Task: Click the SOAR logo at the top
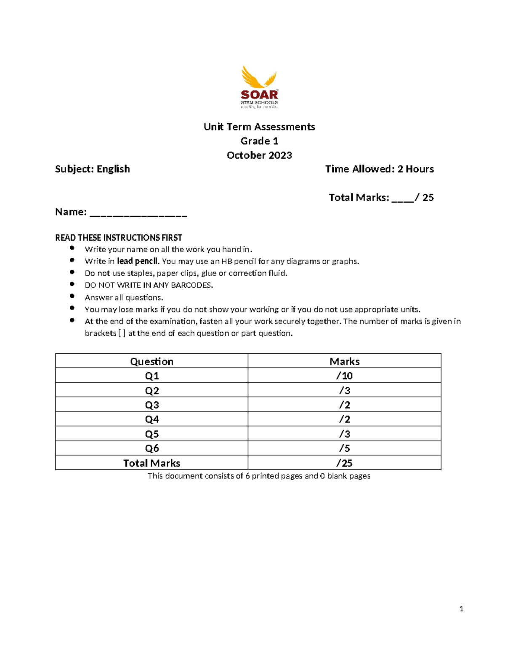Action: [259, 87]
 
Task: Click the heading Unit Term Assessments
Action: [259, 127]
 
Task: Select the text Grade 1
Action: [259, 141]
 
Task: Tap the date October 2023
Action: [259, 155]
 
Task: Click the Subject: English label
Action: [93, 169]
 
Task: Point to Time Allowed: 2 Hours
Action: [379, 169]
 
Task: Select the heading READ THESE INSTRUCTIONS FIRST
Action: [118, 238]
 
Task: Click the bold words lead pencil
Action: [138, 261]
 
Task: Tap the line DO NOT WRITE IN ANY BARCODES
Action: [149, 285]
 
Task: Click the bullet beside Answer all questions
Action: [72, 296]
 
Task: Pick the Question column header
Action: [151, 361]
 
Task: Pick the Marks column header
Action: [344, 361]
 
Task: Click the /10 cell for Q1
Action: [344, 376]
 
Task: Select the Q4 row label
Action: [151, 419]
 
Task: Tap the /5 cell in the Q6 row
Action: [344, 448]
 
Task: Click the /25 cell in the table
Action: [344, 463]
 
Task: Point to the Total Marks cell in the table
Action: [151, 463]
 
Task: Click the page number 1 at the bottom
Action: [461, 609]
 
